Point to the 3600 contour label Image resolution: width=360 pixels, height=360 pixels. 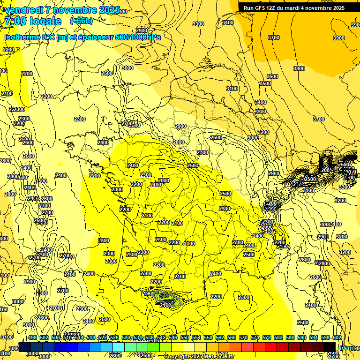pyautogui.click(x=272, y=76)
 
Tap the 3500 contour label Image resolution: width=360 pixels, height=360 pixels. pyautogui.click(x=265, y=83)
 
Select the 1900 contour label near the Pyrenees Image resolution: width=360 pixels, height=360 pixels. pyautogui.click(x=149, y=293)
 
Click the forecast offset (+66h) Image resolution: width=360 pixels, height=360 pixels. pyautogui.click(x=81, y=21)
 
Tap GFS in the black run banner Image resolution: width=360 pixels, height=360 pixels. pyautogui.click(x=263, y=7)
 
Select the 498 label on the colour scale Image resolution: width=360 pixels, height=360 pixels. pyautogui.click(x=32, y=337)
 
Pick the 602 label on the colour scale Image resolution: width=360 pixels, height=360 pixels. pyautogui.click(x=337, y=337)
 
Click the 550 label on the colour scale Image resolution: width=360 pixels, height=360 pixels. pyautogui.click(x=185, y=337)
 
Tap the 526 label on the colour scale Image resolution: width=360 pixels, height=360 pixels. pyautogui.click(x=114, y=337)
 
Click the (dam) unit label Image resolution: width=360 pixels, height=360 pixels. pyautogui.click(x=347, y=347)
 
